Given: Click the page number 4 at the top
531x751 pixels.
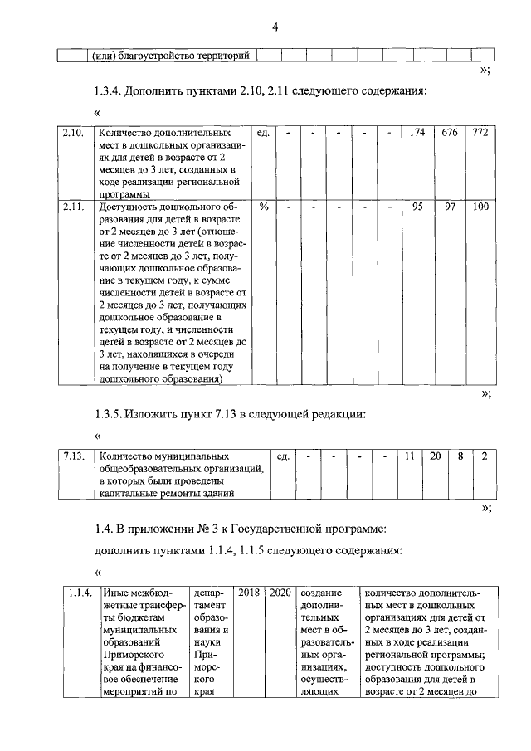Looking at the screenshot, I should click(x=274, y=28).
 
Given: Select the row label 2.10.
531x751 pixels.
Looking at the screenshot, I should click(x=72, y=133).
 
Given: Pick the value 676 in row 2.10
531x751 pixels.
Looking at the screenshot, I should click(x=450, y=133).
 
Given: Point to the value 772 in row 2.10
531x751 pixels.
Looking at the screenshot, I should click(x=480, y=133).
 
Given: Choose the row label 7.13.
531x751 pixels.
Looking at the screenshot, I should click(x=73, y=456).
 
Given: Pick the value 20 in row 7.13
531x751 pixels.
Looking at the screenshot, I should click(x=435, y=456).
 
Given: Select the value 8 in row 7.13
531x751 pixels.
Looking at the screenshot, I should click(x=460, y=456).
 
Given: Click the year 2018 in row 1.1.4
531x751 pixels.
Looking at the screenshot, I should click(x=250, y=593).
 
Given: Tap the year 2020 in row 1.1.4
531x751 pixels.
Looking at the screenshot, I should click(x=280, y=593).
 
